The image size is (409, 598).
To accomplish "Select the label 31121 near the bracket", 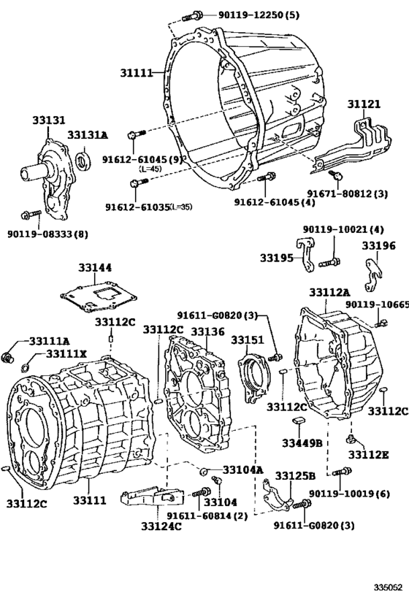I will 363,104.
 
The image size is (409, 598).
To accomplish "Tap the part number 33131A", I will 88,135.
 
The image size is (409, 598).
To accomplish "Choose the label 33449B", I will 302,442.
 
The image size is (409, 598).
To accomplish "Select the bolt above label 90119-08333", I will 28,215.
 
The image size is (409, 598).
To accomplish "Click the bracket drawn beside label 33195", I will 305,251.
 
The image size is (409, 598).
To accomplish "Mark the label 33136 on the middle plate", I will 207,331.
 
